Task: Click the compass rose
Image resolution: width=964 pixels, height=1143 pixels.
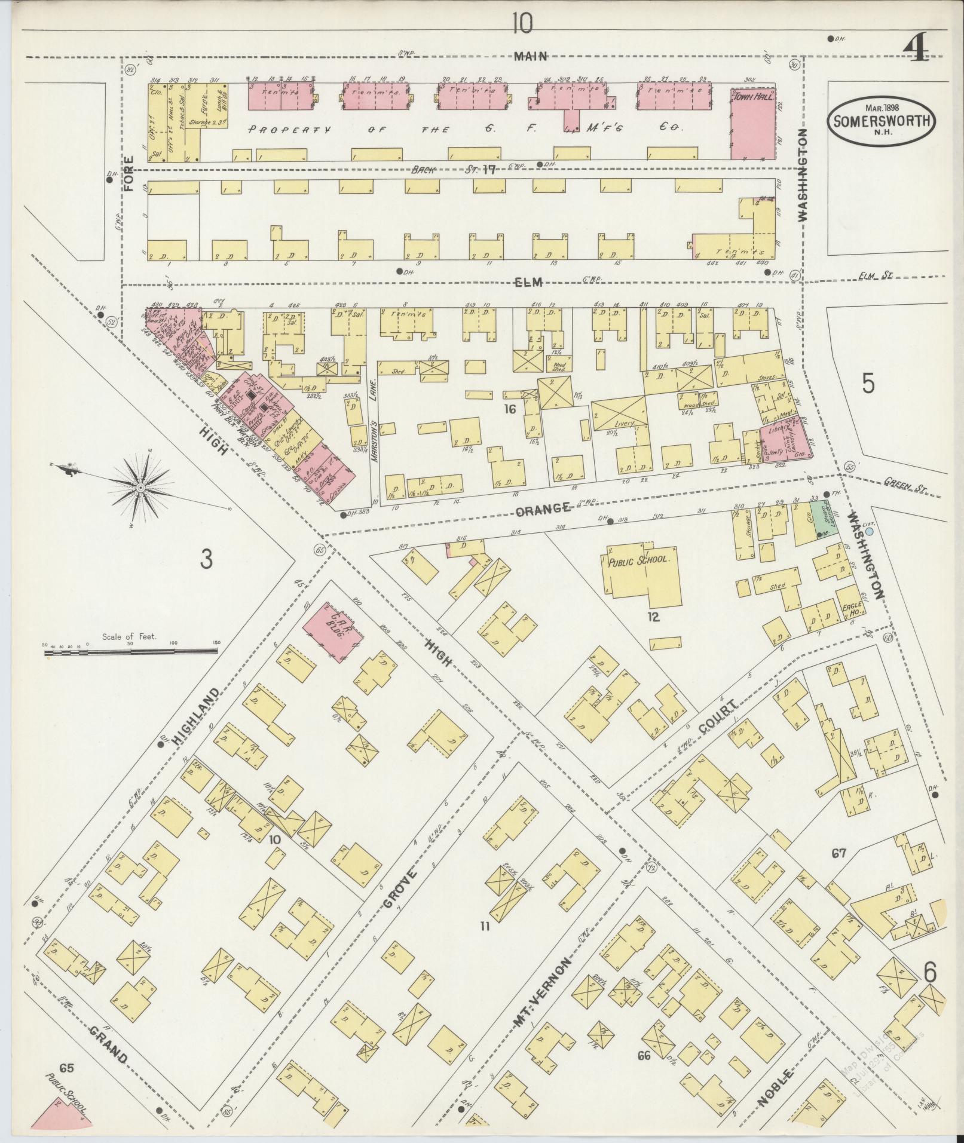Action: click(140, 488)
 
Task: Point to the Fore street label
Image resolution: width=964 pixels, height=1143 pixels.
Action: click(130, 174)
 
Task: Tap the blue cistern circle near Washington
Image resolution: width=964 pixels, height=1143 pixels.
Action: click(870, 531)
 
